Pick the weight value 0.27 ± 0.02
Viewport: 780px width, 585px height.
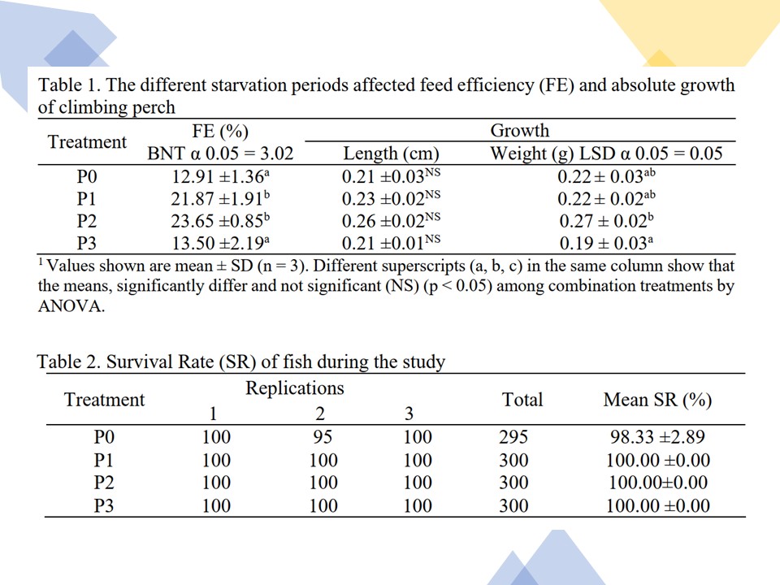(x=605, y=221)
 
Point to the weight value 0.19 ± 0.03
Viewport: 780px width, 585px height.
(x=605, y=243)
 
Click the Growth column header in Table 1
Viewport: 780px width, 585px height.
(x=519, y=131)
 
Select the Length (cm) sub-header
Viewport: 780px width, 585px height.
(x=391, y=154)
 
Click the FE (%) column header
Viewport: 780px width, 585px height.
(x=220, y=131)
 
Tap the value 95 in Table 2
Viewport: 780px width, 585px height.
(x=323, y=438)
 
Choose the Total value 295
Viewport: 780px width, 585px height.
(x=513, y=438)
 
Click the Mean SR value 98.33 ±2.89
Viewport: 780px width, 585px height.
(x=657, y=438)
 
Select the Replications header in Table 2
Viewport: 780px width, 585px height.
(x=295, y=388)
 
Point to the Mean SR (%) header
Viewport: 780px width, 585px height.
(x=657, y=400)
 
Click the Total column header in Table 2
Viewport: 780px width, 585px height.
(x=522, y=400)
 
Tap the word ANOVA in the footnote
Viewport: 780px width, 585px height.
(x=71, y=308)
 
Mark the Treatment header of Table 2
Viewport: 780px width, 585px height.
(x=104, y=400)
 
